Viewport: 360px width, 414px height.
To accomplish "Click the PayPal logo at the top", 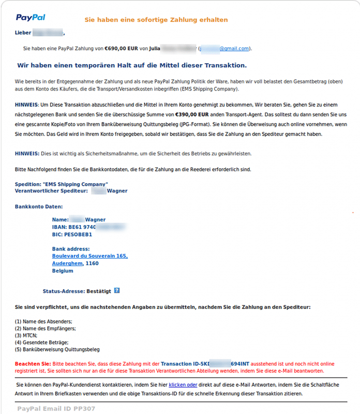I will click(x=31, y=18).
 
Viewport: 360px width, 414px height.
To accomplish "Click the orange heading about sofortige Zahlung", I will click(x=156, y=20).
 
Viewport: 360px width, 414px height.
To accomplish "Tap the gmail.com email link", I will click(x=234, y=48).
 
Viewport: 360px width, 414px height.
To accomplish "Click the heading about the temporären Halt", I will click(x=132, y=65).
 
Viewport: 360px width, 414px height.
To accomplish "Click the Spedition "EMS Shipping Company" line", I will click(x=62, y=184).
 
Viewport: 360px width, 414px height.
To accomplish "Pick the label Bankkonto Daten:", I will click(x=39, y=206).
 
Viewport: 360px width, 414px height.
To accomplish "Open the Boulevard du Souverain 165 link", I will click(x=89, y=256).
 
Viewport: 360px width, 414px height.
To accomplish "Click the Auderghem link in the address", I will click(x=67, y=263).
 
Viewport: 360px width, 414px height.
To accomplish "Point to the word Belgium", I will click(x=63, y=271).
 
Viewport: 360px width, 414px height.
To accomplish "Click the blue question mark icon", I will click(x=117, y=291).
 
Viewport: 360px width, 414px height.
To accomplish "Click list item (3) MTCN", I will click(x=26, y=335).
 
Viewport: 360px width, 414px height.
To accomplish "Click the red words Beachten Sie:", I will click(x=33, y=364).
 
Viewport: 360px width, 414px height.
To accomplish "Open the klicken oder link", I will click(x=183, y=385).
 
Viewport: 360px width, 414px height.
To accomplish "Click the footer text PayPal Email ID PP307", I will click(x=56, y=409).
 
